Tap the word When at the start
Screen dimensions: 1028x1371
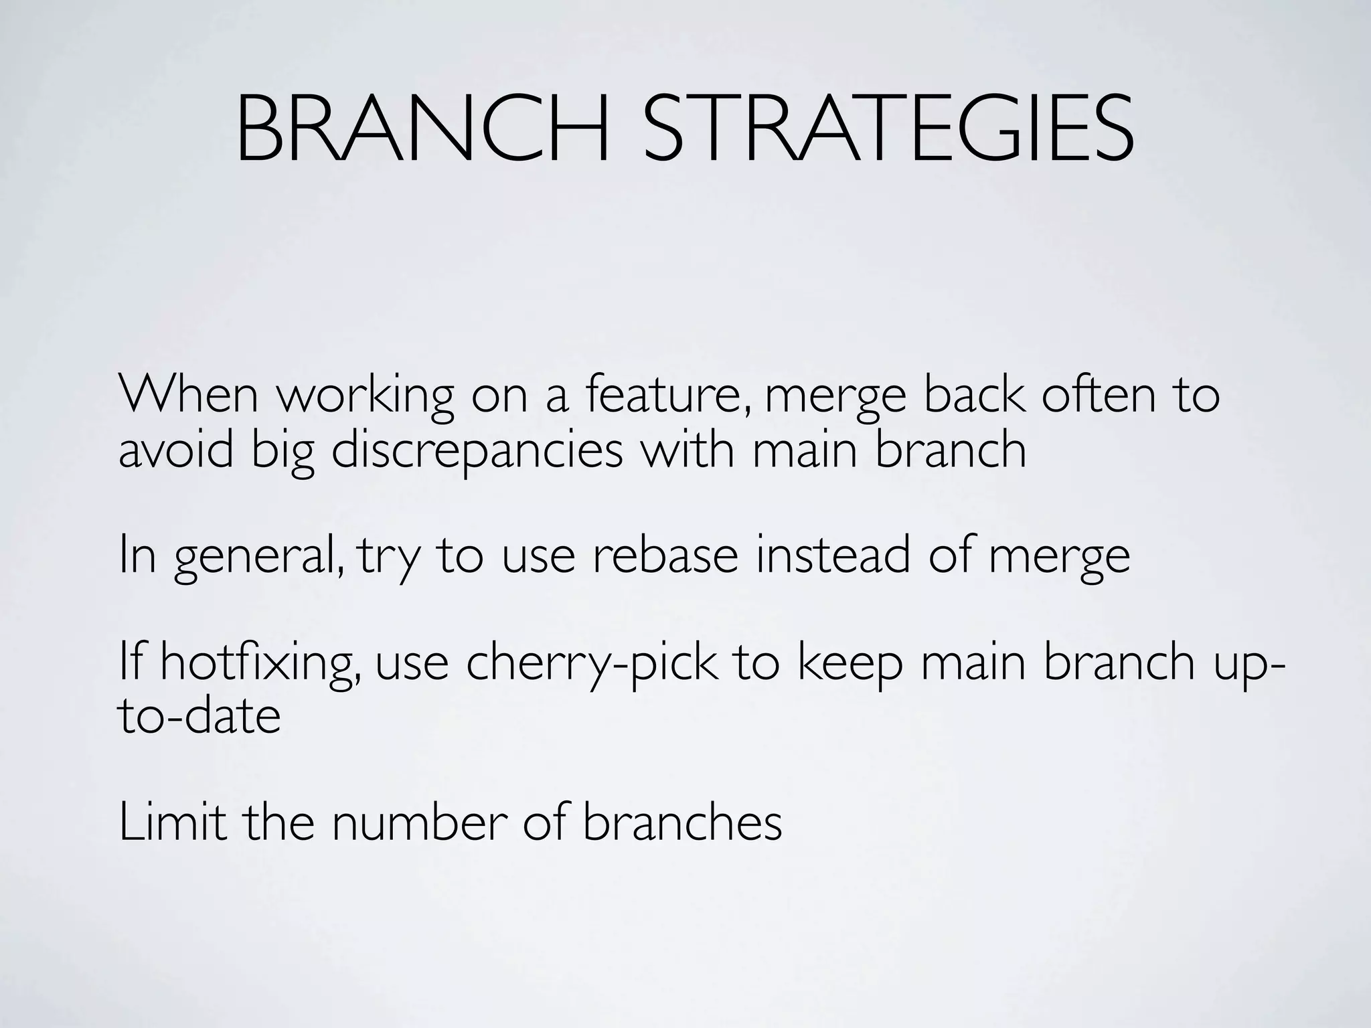pyautogui.click(x=188, y=395)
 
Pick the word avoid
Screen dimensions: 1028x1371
pyautogui.click(x=176, y=450)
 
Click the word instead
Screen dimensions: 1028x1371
pyautogui.click(x=833, y=555)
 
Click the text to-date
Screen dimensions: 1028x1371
pyautogui.click(x=199, y=716)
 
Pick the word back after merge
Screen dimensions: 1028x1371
pyautogui.click(x=974, y=395)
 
